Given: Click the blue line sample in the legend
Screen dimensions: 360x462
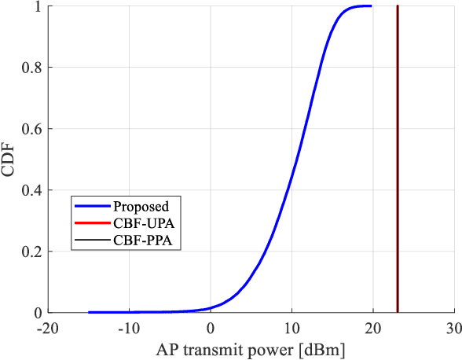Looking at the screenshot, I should (x=93, y=207).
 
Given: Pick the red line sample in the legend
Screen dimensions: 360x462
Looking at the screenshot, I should (x=93, y=224).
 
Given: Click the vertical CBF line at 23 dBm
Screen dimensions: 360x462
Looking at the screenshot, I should (x=398, y=157).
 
